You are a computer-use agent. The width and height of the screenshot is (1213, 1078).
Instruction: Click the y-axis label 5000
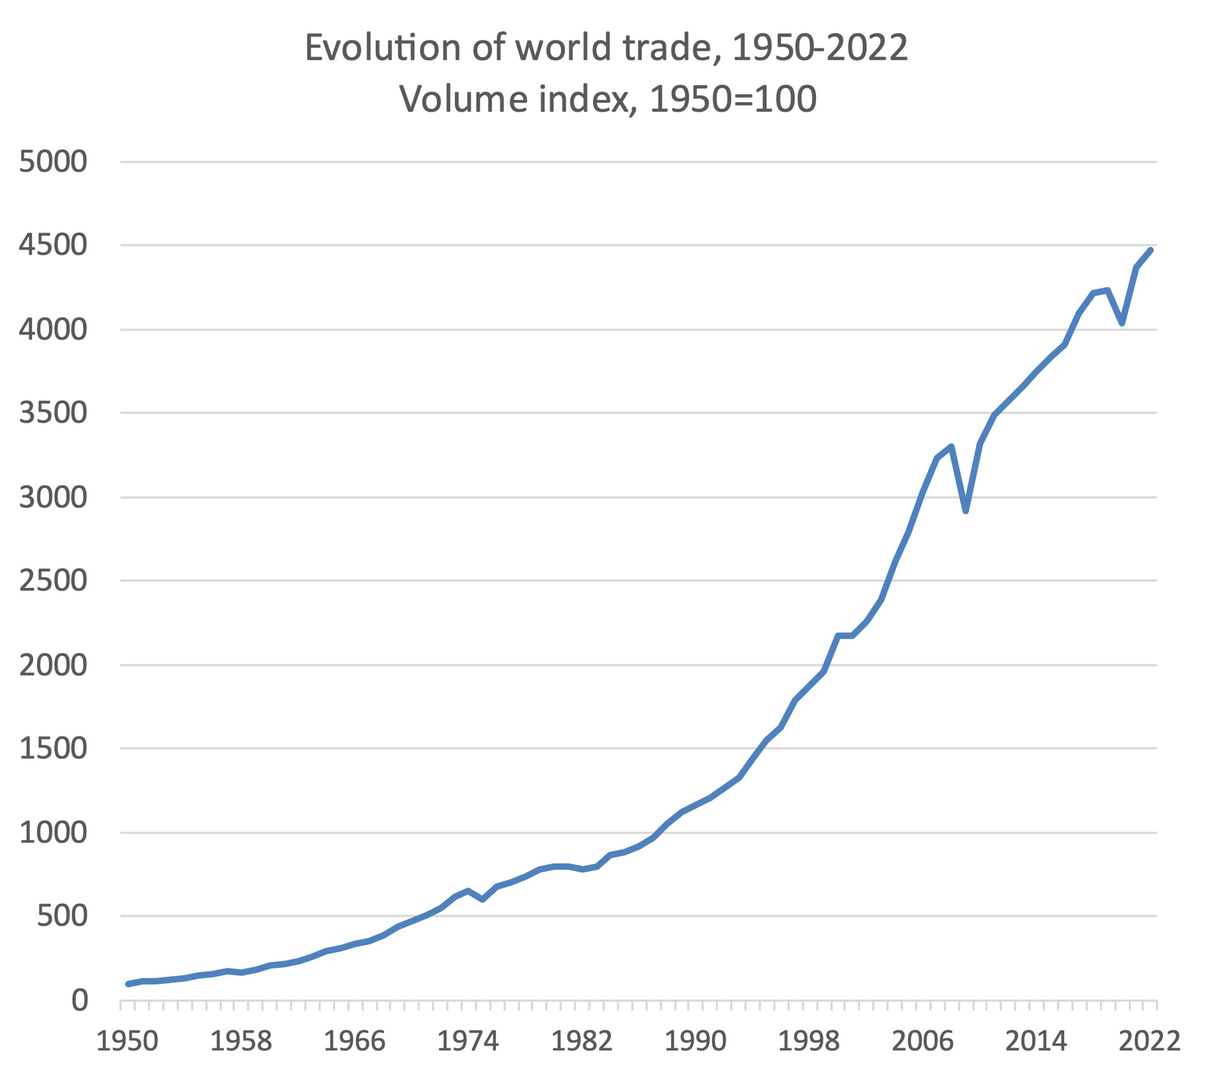click(53, 162)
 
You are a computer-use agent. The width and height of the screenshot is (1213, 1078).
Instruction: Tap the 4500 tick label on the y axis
click(53, 245)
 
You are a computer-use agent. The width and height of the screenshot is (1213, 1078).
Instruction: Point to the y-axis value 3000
click(53, 497)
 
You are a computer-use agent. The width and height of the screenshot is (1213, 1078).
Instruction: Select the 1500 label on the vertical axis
click(53, 749)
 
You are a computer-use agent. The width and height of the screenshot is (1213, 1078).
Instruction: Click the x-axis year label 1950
click(127, 1041)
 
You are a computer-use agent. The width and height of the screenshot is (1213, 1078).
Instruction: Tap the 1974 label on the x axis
click(468, 1041)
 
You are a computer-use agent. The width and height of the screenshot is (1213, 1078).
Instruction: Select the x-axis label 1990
click(695, 1041)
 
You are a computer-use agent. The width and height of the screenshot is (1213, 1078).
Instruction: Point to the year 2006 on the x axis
click(922, 1041)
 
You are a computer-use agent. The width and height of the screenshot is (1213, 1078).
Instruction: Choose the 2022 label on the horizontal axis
click(1149, 1041)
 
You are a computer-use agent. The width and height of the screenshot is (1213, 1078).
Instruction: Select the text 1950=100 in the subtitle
click(733, 99)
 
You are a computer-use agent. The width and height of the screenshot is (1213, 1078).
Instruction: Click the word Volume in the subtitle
click(463, 99)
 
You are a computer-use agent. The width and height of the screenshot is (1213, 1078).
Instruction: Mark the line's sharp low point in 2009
click(966, 511)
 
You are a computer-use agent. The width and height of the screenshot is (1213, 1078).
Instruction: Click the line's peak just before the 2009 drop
click(951, 446)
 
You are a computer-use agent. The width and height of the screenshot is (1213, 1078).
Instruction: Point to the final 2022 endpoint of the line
click(1151, 250)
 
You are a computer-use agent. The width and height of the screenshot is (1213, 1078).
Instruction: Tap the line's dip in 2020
click(1122, 323)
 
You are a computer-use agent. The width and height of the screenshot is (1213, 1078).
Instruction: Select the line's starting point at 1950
click(128, 984)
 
